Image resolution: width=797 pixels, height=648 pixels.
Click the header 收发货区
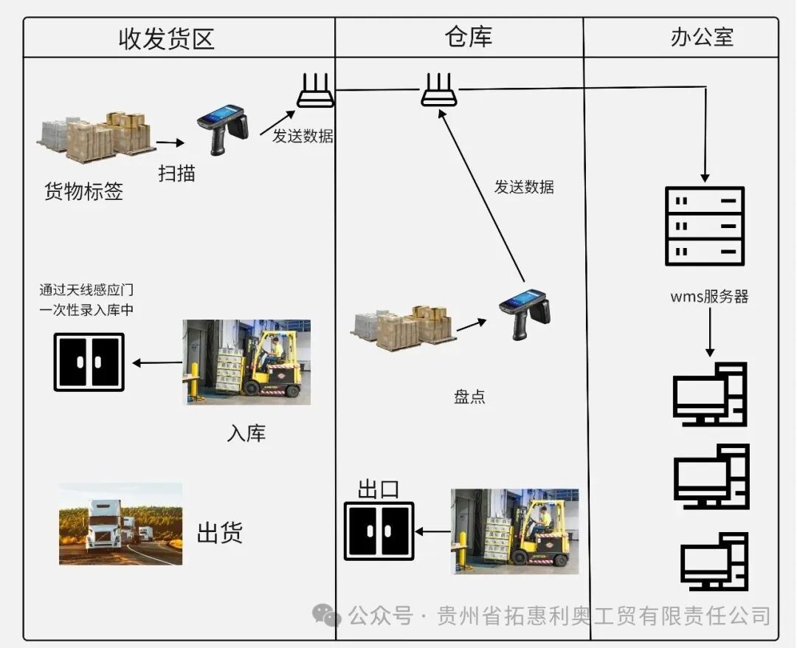tap(166, 38)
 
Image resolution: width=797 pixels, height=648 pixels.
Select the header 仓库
tap(468, 37)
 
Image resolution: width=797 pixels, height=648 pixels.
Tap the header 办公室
tap(701, 37)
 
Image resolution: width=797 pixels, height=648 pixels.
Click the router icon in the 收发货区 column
tap(316, 91)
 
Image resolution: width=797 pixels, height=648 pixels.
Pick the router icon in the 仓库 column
tap(439, 90)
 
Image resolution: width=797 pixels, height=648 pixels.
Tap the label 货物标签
tap(83, 192)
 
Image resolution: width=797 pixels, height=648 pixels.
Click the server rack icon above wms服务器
tap(705, 226)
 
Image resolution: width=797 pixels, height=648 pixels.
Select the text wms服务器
tap(709, 297)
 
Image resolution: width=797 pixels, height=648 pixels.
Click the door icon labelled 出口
tap(379, 531)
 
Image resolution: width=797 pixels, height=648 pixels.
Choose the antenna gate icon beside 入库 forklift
tap(89, 362)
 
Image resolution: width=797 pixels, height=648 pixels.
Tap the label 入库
tap(246, 433)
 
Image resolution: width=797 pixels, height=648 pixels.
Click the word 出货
tap(219, 533)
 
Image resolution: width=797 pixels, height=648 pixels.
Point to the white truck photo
tap(120, 524)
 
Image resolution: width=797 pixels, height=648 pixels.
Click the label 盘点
tap(469, 396)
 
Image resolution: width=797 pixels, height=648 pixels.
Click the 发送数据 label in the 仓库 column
tap(524, 187)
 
